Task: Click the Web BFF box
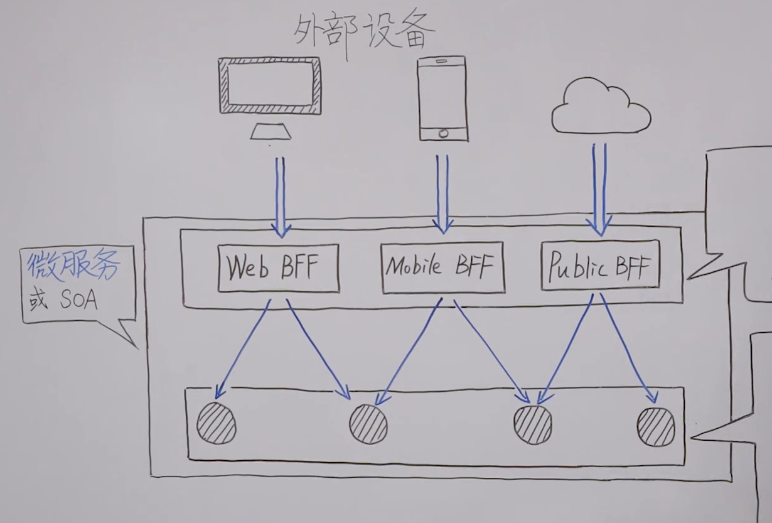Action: (278, 269)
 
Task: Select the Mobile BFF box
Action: (442, 267)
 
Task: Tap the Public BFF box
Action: (600, 266)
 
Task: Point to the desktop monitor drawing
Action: (269, 85)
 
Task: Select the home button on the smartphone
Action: (444, 133)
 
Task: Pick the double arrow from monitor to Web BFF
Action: (280, 195)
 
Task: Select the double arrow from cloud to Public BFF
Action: (600, 188)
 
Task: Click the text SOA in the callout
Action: (80, 301)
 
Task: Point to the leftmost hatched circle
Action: (217, 424)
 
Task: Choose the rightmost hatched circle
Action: (656, 426)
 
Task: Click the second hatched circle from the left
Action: (368, 424)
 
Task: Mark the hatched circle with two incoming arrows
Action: (533, 424)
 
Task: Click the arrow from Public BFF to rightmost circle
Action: (628, 349)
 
